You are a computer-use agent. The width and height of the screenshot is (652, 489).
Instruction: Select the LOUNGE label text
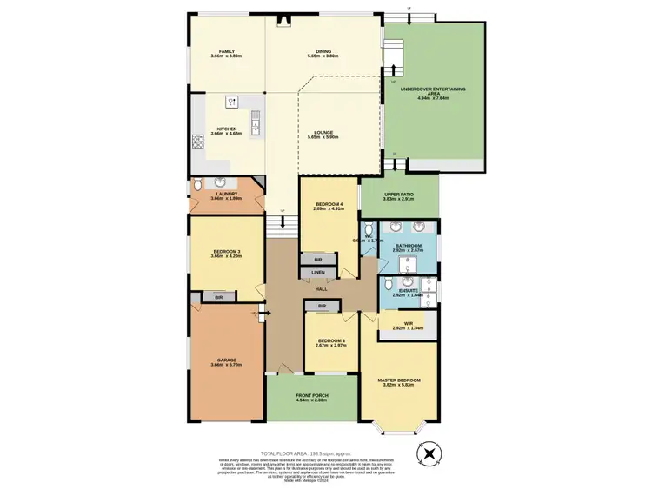point(323,133)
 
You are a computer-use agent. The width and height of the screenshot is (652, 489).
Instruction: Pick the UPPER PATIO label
point(398,195)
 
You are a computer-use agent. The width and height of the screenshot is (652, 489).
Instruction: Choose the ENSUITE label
point(409,291)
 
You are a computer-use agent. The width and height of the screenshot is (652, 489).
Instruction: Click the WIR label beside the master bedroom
point(407,325)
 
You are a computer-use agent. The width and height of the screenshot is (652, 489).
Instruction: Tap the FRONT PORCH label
point(310,395)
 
